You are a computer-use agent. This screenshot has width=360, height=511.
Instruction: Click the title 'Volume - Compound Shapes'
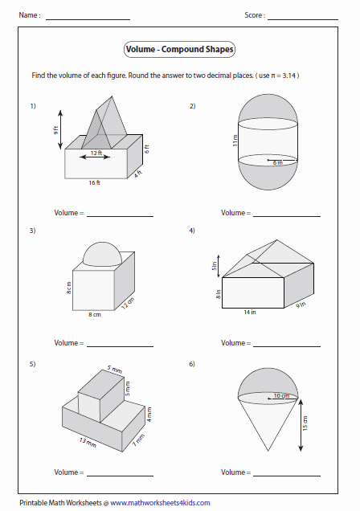coord(180,50)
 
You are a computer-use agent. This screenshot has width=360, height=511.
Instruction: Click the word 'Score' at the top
coord(254,15)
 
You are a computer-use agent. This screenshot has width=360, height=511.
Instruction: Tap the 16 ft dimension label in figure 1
coord(94,183)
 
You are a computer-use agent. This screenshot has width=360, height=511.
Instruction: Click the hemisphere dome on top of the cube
coord(102,255)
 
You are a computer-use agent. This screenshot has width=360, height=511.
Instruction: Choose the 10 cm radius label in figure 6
coord(281,395)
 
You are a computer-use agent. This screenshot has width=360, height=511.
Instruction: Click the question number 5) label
coord(33,364)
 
